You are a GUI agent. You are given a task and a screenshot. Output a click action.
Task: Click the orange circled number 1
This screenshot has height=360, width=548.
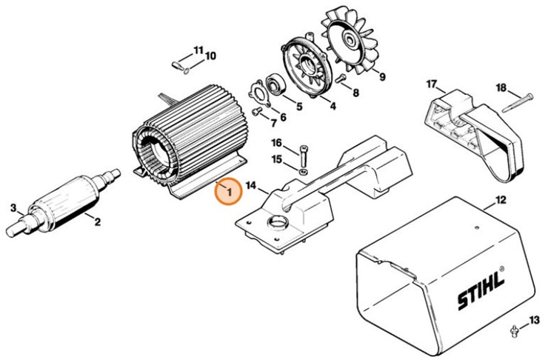tap(229, 193)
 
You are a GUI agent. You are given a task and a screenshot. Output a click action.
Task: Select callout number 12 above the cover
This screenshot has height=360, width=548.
tap(501, 200)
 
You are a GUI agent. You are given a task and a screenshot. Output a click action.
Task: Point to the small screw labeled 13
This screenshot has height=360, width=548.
tap(514, 328)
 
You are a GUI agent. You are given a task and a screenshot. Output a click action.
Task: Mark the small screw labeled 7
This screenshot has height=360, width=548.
tap(256, 112)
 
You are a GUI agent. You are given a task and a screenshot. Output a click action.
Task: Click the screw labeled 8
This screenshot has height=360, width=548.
tap(341, 79)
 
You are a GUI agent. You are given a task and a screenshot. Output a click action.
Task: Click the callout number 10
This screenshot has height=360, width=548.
tap(210, 56)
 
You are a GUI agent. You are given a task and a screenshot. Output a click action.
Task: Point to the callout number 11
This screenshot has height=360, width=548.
tap(198, 50)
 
